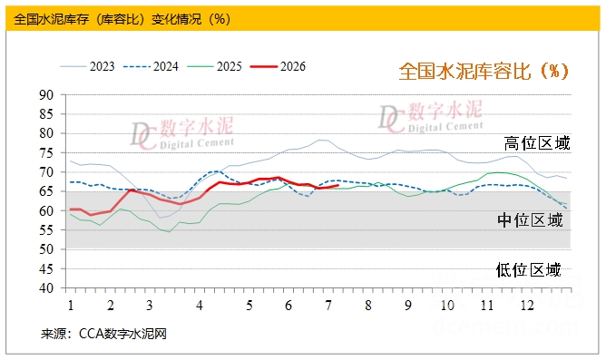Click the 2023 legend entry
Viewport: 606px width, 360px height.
pyautogui.click(x=87, y=66)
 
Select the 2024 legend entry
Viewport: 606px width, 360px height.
pyautogui.click(x=151, y=66)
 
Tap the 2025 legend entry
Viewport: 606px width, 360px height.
pyautogui.click(x=214, y=66)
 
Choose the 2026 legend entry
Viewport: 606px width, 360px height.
pyautogui.click(x=278, y=66)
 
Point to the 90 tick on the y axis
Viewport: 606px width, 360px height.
pyautogui.click(x=46, y=94)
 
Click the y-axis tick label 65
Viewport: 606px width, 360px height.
pyautogui.click(x=46, y=191)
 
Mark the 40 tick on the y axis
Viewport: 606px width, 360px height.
pyautogui.click(x=46, y=287)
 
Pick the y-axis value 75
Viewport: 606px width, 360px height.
pyautogui.click(x=46, y=152)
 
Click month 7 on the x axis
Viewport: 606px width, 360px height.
pyautogui.click(x=328, y=306)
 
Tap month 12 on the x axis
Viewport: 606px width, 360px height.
pyautogui.click(x=527, y=306)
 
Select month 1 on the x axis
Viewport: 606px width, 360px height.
pyautogui.click(x=71, y=306)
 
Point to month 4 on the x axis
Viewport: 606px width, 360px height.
pyautogui.click(x=199, y=306)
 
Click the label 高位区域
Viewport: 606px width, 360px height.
pyautogui.click(x=537, y=143)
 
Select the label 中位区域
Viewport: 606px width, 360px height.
pyautogui.click(x=530, y=220)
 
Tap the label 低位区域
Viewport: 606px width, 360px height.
pyautogui.click(x=528, y=269)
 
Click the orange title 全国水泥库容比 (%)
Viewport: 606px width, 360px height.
pyautogui.click(x=484, y=71)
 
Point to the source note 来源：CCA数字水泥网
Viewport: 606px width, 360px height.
pyautogui.click(x=103, y=334)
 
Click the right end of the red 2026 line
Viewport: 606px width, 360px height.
pyautogui.click(x=338, y=185)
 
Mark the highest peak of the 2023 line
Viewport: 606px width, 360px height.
pyautogui.click(x=320, y=140)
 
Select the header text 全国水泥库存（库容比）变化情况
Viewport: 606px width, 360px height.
pyautogui.click(x=109, y=19)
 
